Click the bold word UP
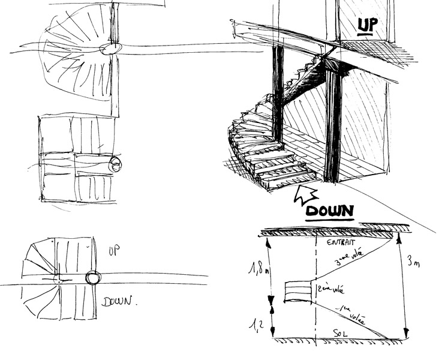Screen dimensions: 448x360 (x=366, y=25)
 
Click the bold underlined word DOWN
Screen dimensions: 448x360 (x=329, y=211)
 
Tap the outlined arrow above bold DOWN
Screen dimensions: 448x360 (x=306, y=194)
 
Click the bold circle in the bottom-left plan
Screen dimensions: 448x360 (x=93, y=278)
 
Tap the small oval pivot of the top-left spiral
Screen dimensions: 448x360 (x=110, y=49)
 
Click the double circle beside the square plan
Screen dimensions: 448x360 (x=116, y=164)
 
